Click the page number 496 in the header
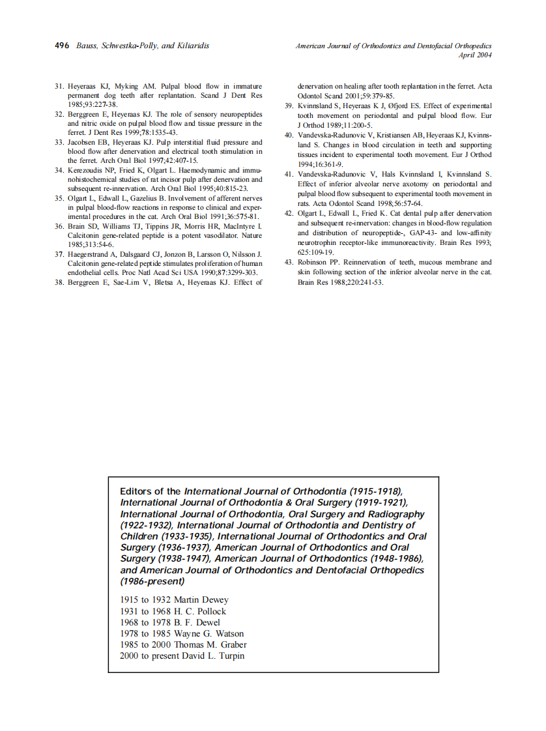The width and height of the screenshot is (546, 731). pyautogui.click(x=61, y=46)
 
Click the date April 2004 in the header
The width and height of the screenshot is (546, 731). pyautogui.click(x=474, y=55)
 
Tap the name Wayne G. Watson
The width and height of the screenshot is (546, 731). pyautogui.click(x=208, y=633)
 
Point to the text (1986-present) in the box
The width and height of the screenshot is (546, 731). pyautogui.click(x=152, y=581)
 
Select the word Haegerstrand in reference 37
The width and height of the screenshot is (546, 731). pyautogui.click(x=89, y=254)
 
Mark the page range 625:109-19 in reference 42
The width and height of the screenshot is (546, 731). pyautogui.click(x=315, y=252)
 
